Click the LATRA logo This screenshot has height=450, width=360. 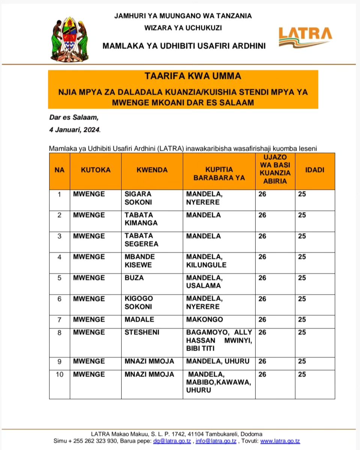pyautogui.click(x=305, y=37)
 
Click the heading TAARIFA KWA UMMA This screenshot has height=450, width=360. pyautogui.click(x=182, y=76)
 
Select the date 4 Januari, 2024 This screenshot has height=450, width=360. pyautogui.click(x=75, y=130)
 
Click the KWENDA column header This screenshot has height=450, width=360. pyautogui.click(x=152, y=170)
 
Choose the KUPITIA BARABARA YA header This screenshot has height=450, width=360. pyautogui.click(x=219, y=174)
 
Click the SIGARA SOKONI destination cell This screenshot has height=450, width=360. pyautogui.click(x=138, y=198)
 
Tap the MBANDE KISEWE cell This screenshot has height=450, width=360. pyautogui.click(x=140, y=261)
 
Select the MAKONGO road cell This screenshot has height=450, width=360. pyautogui.click(x=205, y=319)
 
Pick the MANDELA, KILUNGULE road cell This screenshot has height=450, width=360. pyautogui.click(x=206, y=261)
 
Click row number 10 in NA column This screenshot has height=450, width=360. pyautogui.click(x=59, y=374)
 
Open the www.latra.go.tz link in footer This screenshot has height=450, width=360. pyautogui.click(x=280, y=441)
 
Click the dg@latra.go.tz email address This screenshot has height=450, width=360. pyautogui.click(x=172, y=441)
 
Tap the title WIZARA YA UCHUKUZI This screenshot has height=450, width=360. pyautogui.click(x=183, y=27)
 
